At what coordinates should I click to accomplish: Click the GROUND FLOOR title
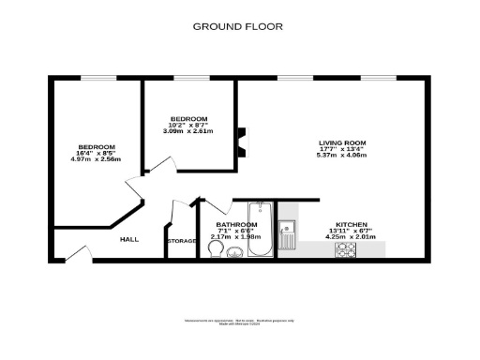coord(239,26)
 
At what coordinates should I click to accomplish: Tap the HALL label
coord(129,239)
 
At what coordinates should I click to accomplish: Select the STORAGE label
coord(182,242)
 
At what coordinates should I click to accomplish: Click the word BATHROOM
coord(236,225)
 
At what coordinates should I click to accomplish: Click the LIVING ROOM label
coord(341,142)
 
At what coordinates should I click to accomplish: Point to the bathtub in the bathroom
coord(262,232)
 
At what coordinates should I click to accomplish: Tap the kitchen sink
coord(290,226)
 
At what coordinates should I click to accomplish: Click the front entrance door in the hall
coord(75,254)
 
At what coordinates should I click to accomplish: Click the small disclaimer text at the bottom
coord(239,322)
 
